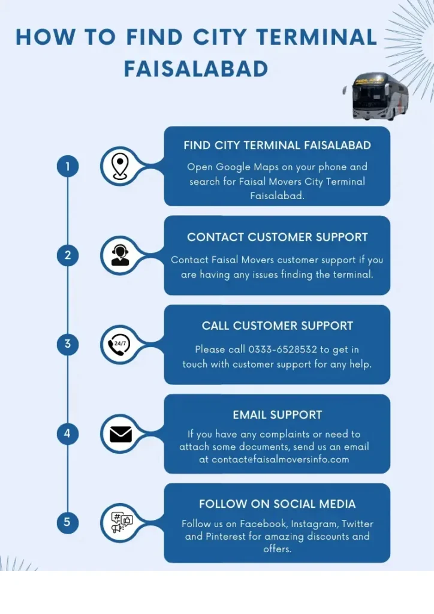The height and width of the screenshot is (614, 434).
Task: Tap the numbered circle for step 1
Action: pos(68,166)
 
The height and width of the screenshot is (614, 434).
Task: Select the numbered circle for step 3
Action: pos(68,344)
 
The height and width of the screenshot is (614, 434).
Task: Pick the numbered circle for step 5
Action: pos(68,522)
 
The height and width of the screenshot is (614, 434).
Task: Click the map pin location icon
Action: pos(120,166)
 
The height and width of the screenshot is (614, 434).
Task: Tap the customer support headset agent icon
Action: pos(120,255)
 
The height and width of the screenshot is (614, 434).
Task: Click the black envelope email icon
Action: pos(120,434)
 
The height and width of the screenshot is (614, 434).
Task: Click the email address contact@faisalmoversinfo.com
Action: pos(280,460)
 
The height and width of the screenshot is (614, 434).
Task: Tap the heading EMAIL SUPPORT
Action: pos(277,415)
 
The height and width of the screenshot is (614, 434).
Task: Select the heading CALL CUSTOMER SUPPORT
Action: pos(277,326)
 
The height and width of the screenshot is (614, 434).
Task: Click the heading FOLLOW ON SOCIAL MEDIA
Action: pos(277,504)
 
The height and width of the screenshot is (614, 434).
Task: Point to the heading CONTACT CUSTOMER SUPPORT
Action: pos(277,237)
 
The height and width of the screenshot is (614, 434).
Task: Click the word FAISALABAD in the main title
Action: pos(196,68)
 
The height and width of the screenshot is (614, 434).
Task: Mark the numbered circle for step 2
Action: pos(68,255)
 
